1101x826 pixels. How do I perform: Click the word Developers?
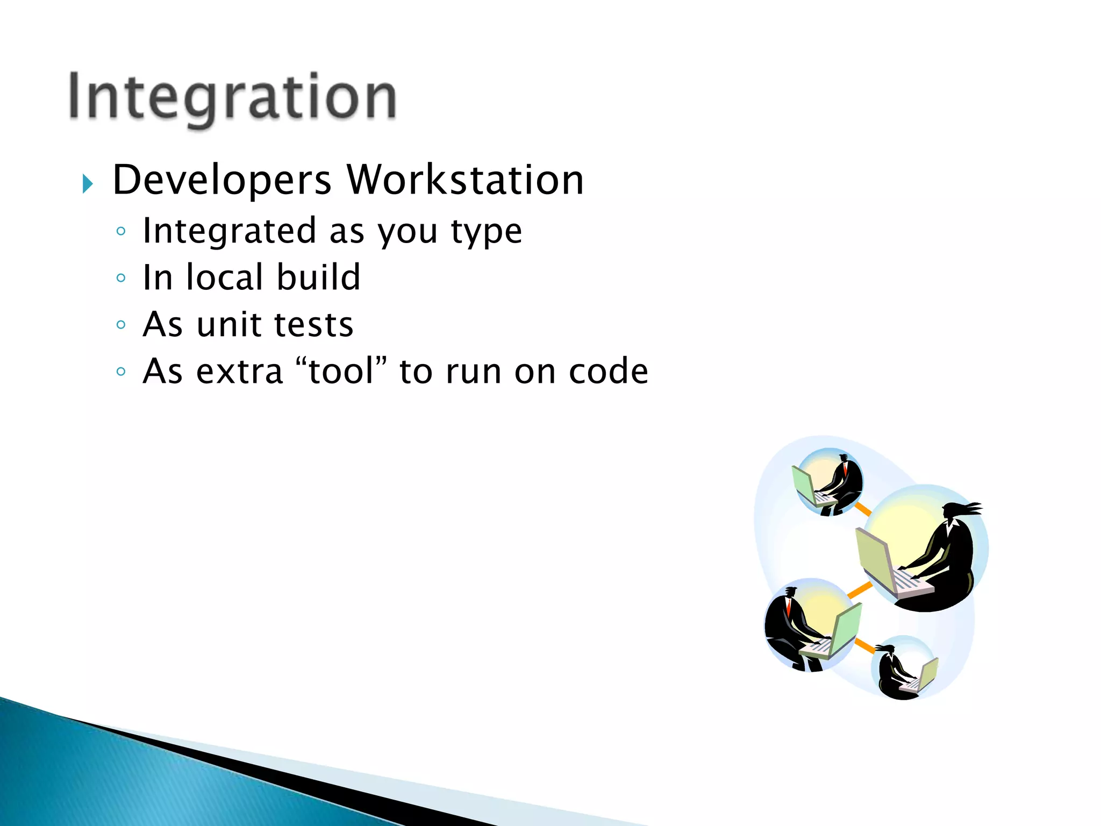coord(221,180)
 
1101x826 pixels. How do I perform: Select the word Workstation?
coord(465,180)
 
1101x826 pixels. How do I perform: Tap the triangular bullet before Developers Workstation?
coord(88,184)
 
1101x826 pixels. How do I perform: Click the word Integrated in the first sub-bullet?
coord(229,232)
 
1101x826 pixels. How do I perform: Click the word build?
coord(318,277)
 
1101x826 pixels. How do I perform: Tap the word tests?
coord(314,325)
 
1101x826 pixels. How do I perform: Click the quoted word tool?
coord(341,371)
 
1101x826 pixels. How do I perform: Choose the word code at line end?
coord(609,371)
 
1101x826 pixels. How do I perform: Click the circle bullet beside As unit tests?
coord(121,325)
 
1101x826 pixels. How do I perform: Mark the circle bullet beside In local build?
coord(121,278)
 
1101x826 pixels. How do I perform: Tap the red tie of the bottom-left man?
coord(789,607)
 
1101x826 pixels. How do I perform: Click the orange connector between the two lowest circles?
coord(865,645)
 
